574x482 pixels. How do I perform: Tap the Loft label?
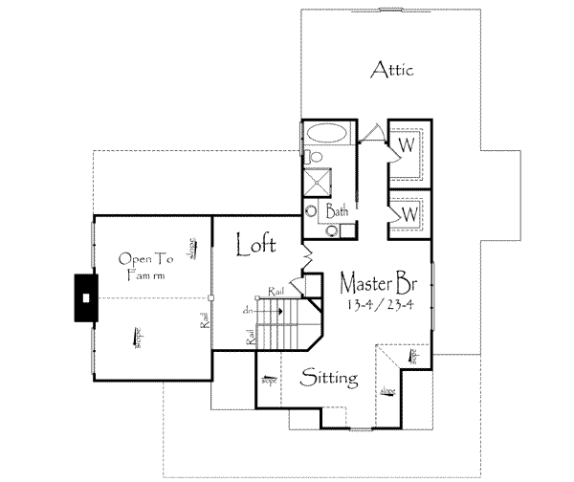(x=257, y=245)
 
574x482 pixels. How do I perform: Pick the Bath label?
(x=337, y=209)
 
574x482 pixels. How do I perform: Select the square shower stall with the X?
(x=320, y=182)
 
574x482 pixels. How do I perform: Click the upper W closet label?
(x=407, y=145)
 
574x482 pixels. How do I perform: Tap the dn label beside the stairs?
(x=249, y=308)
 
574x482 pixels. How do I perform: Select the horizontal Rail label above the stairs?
(x=276, y=291)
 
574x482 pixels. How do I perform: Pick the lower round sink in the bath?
(x=331, y=230)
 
